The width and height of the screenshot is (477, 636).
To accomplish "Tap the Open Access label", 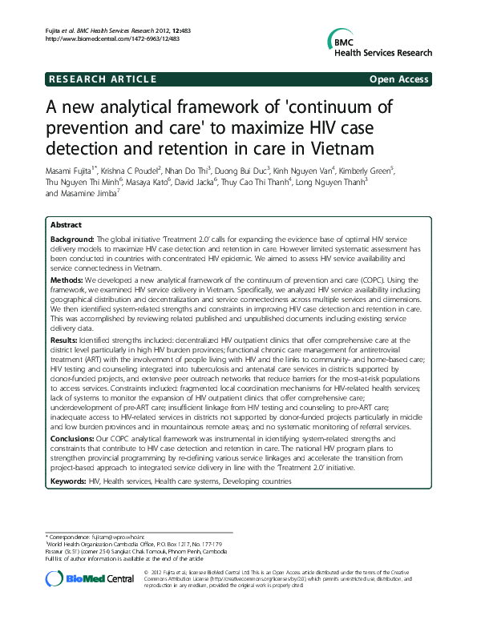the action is (398, 79).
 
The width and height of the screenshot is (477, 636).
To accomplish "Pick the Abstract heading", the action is (66, 226).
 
